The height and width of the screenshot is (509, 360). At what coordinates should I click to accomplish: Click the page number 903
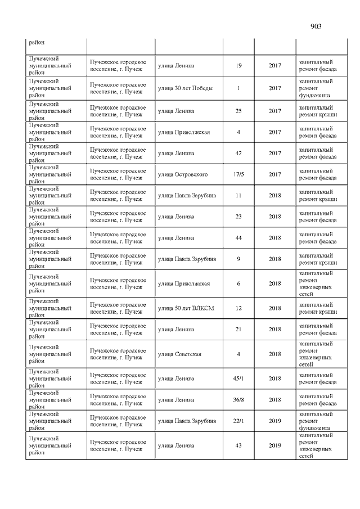point(316,26)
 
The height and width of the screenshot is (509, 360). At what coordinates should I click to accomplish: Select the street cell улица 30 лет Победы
point(181,88)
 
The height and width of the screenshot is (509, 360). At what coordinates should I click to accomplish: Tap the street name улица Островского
point(183,174)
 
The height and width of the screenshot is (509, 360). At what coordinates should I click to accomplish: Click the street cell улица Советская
point(179,354)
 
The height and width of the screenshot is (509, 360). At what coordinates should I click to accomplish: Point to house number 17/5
point(238,174)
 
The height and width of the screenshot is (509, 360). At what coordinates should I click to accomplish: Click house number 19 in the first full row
point(238,66)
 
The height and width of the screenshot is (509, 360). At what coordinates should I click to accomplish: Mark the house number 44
point(238,238)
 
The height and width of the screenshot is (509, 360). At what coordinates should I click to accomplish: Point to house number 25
point(238,111)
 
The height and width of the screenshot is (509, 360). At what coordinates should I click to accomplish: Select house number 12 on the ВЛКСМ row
point(238,308)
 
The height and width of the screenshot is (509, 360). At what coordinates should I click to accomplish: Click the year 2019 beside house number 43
point(274,446)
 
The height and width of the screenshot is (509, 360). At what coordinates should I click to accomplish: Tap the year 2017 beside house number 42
point(274,153)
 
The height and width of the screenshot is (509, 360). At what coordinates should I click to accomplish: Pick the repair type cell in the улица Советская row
point(316,354)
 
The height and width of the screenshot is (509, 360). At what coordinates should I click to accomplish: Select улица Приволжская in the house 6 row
point(184,283)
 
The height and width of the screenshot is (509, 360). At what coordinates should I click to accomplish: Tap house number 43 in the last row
point(238,446)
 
